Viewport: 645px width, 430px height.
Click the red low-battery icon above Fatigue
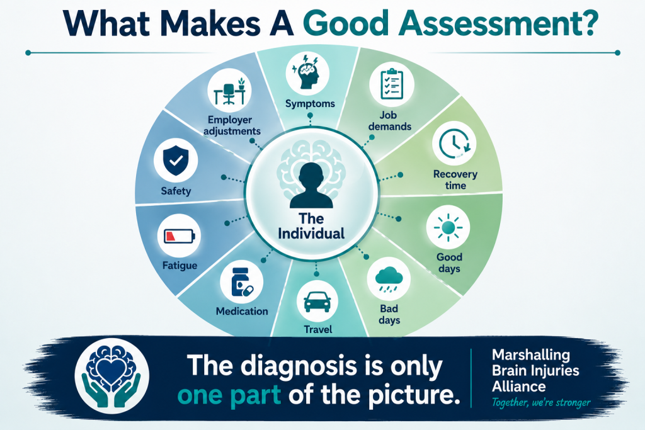click(x=180, y=236)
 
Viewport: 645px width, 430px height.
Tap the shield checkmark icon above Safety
click(x=176, y=160)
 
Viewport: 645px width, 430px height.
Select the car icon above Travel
click(x=317, y=302)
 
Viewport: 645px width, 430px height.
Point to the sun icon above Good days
click(x=448, y=227)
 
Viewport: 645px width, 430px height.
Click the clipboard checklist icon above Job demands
click(x=392, y=84)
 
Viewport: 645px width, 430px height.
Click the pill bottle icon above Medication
click(x=242, y=283)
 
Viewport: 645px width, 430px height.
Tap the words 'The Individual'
click(x=311, y=226)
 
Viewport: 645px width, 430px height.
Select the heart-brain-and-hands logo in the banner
click(x=111, y=376)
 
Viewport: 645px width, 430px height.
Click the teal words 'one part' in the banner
click(x=229, y=395)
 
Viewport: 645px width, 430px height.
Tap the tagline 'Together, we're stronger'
click(x=541, y=403)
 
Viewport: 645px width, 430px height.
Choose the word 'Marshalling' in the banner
click(x=531, y=354)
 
